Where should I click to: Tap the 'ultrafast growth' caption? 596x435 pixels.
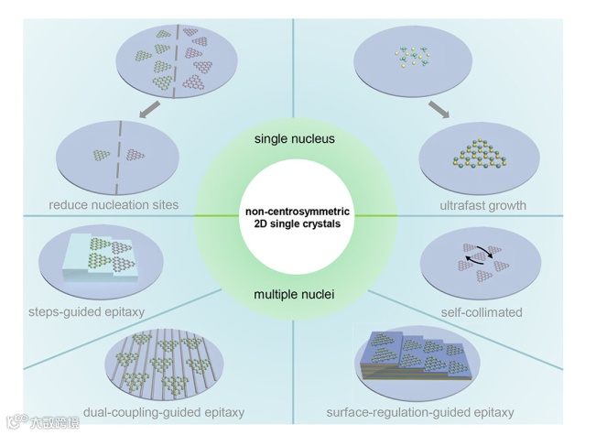[x=482, y=206]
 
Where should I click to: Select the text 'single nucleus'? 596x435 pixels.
[x=295, y=139]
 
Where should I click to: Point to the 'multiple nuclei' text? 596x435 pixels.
[x=296, y=294]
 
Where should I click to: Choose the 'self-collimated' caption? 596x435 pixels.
[x=481, y=312]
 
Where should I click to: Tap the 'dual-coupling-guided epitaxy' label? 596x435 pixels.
[x=164, y=412]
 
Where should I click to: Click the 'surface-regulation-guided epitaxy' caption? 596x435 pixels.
[x=420, y=412]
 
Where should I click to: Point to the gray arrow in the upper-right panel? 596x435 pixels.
[x=440, y=111]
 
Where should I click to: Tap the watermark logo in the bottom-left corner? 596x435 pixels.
[x=18, y=422]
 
